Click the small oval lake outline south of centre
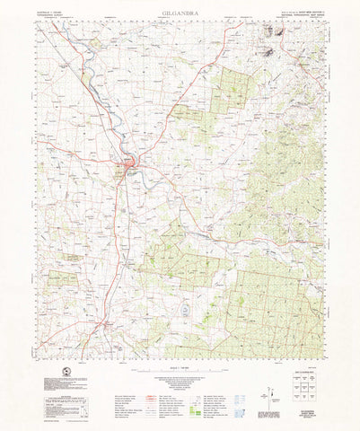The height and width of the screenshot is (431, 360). [x=184, y=309]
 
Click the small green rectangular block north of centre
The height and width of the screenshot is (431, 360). [x=187, y=112]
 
